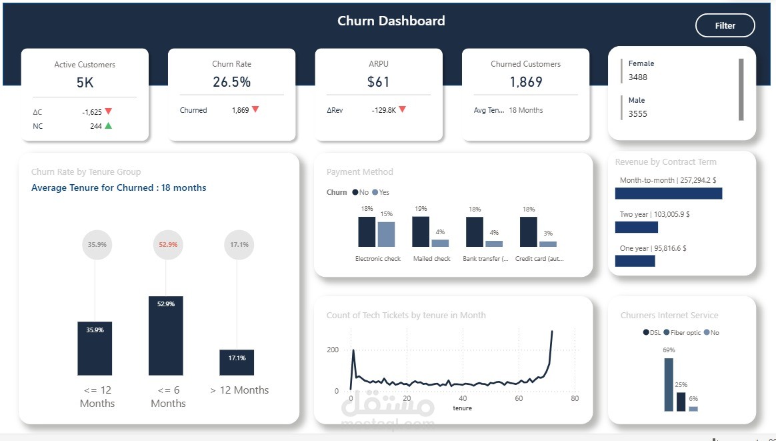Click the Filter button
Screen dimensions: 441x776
tap(725, 26)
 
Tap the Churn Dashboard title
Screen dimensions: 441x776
tap(391, 21)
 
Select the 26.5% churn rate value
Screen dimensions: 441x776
tap(231, 82)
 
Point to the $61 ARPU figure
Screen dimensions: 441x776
tap(378, 82)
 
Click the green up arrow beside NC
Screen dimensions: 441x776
tap(108, 125)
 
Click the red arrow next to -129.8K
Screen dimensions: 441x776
tap(402, 109)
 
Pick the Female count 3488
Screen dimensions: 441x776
tap(638, 77)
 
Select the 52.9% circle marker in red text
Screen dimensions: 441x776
tap(168, 245)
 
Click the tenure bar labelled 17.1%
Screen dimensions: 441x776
tap(237, 362)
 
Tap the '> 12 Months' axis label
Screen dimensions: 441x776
tap(239, 390)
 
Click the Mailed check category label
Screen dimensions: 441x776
tap(431, 259)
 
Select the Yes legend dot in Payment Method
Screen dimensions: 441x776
tap(375, 192)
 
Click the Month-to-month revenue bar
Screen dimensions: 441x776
tap(668, 193)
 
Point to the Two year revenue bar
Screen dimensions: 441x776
tap(636, 227)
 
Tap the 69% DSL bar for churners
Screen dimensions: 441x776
tap(668, 384)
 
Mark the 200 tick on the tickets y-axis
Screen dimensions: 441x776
tap(332, 350)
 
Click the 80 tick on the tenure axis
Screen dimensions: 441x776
tap(574, 399)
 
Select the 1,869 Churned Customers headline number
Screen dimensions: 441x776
tap(526, 82)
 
